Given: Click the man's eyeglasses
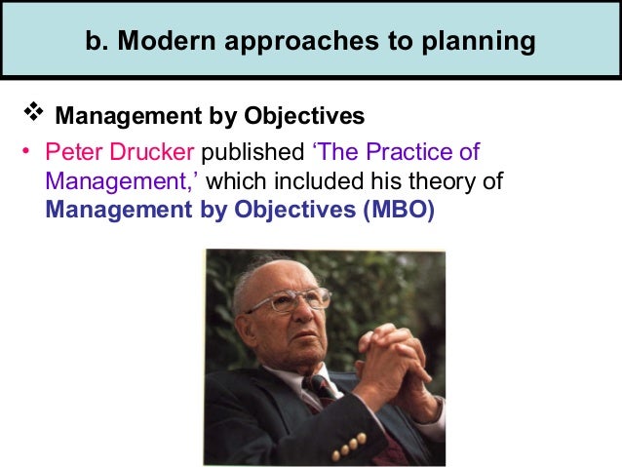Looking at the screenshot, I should coord(288,298).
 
